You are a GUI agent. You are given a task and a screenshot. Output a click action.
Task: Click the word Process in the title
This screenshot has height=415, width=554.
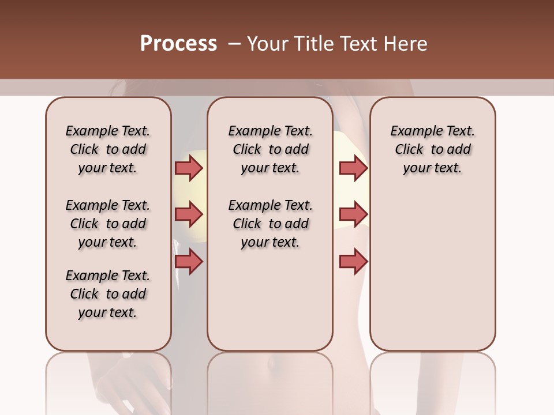(x=178, y=44)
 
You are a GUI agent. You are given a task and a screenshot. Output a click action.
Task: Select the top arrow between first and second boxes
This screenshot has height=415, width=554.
(x=188, y=168)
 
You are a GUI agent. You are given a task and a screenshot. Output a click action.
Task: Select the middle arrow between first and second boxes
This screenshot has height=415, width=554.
(x=188, y=215)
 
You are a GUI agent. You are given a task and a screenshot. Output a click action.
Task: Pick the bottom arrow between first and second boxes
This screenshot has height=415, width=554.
(x=188, y=262)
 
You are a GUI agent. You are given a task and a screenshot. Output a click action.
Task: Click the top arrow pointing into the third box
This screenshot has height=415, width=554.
(x=353, y=168)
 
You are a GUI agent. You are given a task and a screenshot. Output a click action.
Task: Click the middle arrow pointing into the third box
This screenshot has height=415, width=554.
(x=353, y=215)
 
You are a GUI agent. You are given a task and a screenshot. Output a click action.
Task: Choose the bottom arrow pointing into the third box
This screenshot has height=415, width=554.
(x=353, y=262)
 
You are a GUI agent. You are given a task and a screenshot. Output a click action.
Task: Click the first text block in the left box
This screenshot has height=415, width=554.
(x=108, y=149)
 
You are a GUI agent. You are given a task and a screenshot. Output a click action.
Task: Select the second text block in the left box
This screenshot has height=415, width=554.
(x=108, y=224)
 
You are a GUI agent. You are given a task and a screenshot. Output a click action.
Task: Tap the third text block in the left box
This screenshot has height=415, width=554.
(x=108, y=294)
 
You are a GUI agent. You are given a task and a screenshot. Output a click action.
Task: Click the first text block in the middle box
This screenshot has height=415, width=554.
(x=270, y=149)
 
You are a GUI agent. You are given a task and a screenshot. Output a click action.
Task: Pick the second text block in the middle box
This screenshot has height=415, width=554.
(x=270, y=224)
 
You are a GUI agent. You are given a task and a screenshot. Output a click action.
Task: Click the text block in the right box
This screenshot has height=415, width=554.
(x=433, y=149)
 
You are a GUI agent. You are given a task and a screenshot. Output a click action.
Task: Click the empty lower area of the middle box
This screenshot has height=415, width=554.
(x=270, y=300)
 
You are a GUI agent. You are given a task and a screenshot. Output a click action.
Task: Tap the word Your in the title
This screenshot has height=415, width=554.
(x=266, y=44)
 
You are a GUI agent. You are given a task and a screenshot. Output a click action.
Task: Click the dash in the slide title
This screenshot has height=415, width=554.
(x=234, y=44)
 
